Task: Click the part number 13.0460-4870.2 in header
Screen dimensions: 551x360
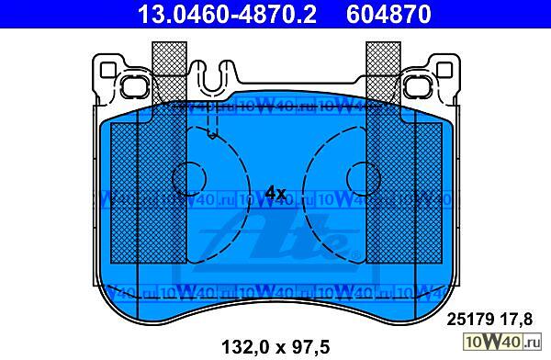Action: click(228, 14)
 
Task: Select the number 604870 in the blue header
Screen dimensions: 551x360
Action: click(388, 14)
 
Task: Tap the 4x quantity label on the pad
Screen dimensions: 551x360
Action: click(275, 193)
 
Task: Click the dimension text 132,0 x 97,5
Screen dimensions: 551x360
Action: click(275, 347)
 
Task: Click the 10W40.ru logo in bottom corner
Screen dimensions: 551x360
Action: click(502, 342)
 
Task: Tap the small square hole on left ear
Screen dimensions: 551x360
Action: click(107, 70)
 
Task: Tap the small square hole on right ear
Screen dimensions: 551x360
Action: click(444, 70)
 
